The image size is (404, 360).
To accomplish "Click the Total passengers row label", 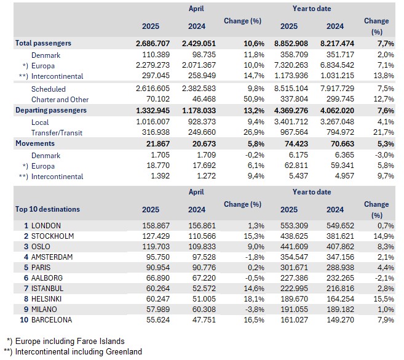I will coord(43,44).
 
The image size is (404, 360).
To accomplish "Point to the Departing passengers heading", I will coord(51,110).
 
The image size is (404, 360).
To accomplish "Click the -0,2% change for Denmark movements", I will coord(254,154).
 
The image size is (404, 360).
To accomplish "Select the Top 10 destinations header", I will coord(47,209).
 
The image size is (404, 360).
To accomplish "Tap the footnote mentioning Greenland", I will coord(73,352).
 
